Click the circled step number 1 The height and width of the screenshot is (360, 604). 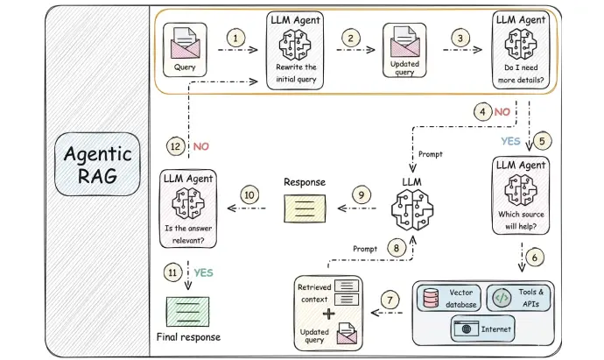click(235, 38)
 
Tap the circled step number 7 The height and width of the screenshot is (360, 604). click(390, 300)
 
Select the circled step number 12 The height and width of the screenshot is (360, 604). click(175, 146)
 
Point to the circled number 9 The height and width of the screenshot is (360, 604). click(362, 195)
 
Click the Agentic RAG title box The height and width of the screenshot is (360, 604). click(97, 164)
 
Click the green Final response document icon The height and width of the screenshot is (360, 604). click(187, 312)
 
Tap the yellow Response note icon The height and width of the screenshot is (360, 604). click(305, 208)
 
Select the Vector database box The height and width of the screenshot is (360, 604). click(449, 298)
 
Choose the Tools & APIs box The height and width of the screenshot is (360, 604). click(518, 298)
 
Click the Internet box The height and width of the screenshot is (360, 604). click(482, 328)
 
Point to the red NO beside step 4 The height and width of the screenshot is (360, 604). click(502, 112)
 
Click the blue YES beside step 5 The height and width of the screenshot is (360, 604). click(511, 141)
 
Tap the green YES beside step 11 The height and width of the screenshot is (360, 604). click(203, 273)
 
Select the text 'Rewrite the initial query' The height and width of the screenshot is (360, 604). click(296, 74)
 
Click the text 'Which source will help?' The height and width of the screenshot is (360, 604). click(521, 220)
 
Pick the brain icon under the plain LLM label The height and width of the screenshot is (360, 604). click(412, 210)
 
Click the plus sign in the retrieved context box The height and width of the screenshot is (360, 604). click(328, 314)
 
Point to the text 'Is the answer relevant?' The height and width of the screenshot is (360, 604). click(188, 235)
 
